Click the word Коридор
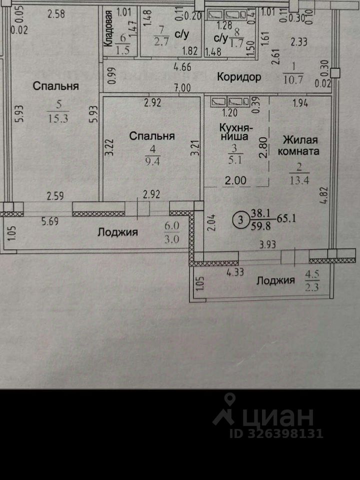(x=239, y=77)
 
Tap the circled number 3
(x=241, y=218)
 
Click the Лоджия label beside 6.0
(x=117, y=232)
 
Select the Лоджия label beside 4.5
(x=275, y=280)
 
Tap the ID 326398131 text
(x=276, y=433)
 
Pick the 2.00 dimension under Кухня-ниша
(x=235, y=181)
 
